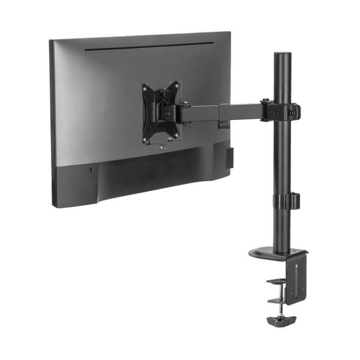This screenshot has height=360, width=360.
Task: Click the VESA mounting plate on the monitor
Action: pyautogui.click(x=160, y=112)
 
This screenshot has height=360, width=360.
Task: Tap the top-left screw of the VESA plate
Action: pyautogui.click(x=146, y=88)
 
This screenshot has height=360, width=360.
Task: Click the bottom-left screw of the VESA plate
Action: pyautogui.click(x=145, y=140)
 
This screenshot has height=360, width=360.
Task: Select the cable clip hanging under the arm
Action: pyautogui.click(x=224, y=125)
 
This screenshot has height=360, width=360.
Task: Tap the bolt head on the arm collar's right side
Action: pyautogui.click(x=293, y=110)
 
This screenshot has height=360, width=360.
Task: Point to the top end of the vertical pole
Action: pyautogui.click(x=282, y=56)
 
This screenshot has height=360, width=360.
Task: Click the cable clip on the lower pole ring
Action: pyautogui.click(x=294, y=200)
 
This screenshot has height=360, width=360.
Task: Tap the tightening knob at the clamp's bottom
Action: pyautogui.click(x=279, y=321)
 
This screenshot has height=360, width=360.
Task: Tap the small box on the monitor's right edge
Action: pyautogui.click(x=229, y=158)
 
